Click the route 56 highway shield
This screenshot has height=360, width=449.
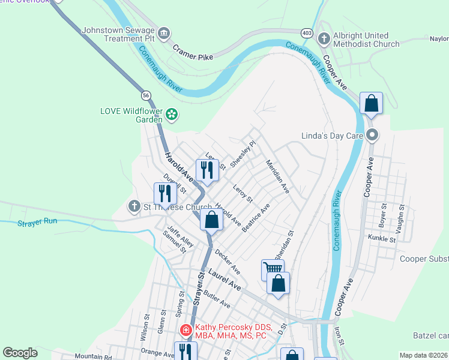146,95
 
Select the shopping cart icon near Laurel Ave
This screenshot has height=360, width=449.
272,269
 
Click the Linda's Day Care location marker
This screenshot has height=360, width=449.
372,135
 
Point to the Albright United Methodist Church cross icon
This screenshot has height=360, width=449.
324,40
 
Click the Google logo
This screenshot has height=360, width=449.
20,352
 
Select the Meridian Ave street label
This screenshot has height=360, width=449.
278,176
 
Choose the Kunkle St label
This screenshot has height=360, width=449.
382,239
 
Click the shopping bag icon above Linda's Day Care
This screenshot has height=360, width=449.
372,103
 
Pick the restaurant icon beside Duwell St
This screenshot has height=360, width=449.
164,193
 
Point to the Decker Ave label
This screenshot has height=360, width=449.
228,262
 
